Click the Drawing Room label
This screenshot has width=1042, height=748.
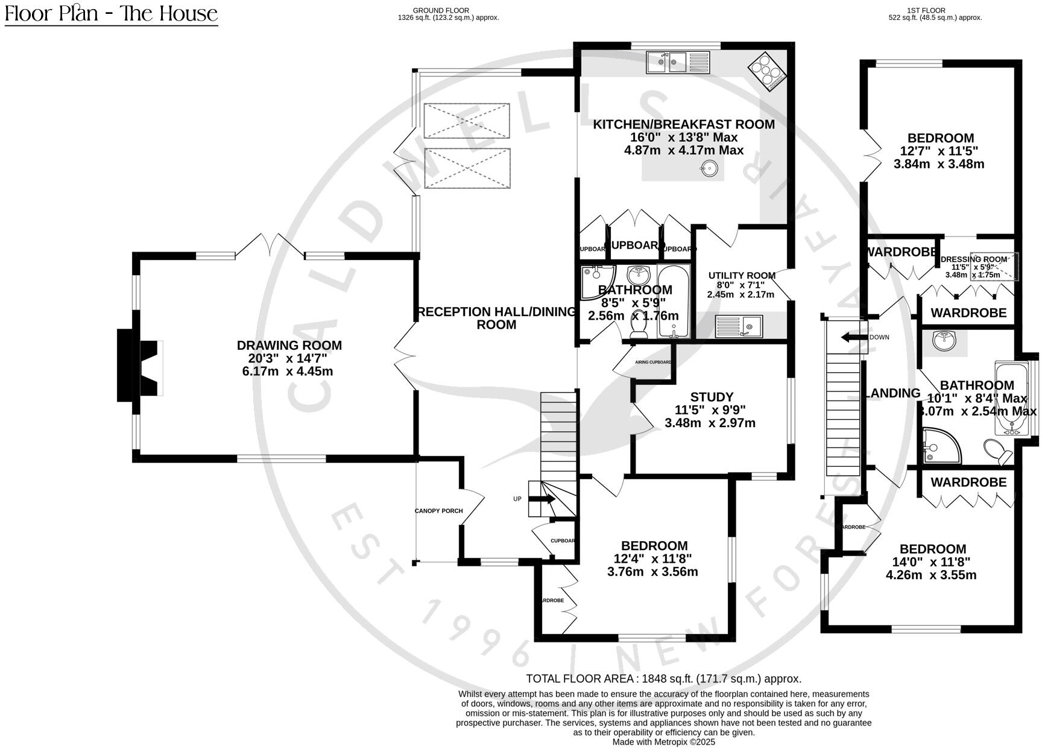(289, 346)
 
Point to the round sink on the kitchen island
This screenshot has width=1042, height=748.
(711, 168)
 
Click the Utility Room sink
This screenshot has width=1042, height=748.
(739, 326)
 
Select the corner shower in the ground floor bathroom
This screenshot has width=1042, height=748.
(595, 281)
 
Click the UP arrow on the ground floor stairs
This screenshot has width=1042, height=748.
(542, 499)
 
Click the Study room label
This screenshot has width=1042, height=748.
(712, 397)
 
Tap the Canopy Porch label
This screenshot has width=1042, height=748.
(438, 511)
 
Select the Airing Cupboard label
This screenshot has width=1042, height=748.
(652, 363)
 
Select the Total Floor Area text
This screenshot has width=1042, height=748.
(663, 679)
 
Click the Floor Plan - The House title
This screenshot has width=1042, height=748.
(111, 13)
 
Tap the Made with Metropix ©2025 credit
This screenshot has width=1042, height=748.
(663, 742)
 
